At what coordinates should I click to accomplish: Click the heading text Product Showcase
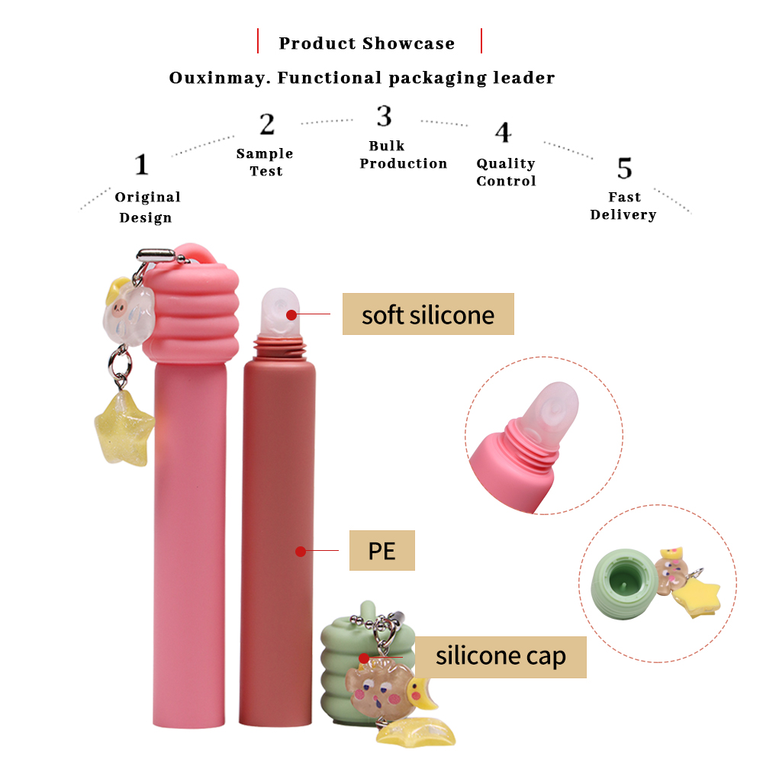[x=367, y=43]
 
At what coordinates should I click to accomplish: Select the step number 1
[x=142, y=165]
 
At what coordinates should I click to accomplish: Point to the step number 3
[x=384, y=116]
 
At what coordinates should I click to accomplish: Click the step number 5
[x=625, y=169]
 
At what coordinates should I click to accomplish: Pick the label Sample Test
[x=265, y=162]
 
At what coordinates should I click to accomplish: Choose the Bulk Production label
[x=403, y=154]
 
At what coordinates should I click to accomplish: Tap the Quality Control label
[x=506, y=172]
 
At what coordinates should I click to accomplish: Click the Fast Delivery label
[x=623, y=206]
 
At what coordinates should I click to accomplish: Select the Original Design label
[x=147, y=207]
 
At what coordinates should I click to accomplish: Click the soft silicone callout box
[x=428, y=314]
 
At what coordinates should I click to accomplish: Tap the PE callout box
[x=382, y=550]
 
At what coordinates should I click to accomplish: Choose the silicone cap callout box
[x=501, y=657]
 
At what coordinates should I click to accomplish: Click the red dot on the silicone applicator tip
[x=291, y=315]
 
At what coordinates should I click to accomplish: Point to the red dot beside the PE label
[x=301, y=552]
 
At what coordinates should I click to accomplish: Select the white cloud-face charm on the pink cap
[x=127, y=312]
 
